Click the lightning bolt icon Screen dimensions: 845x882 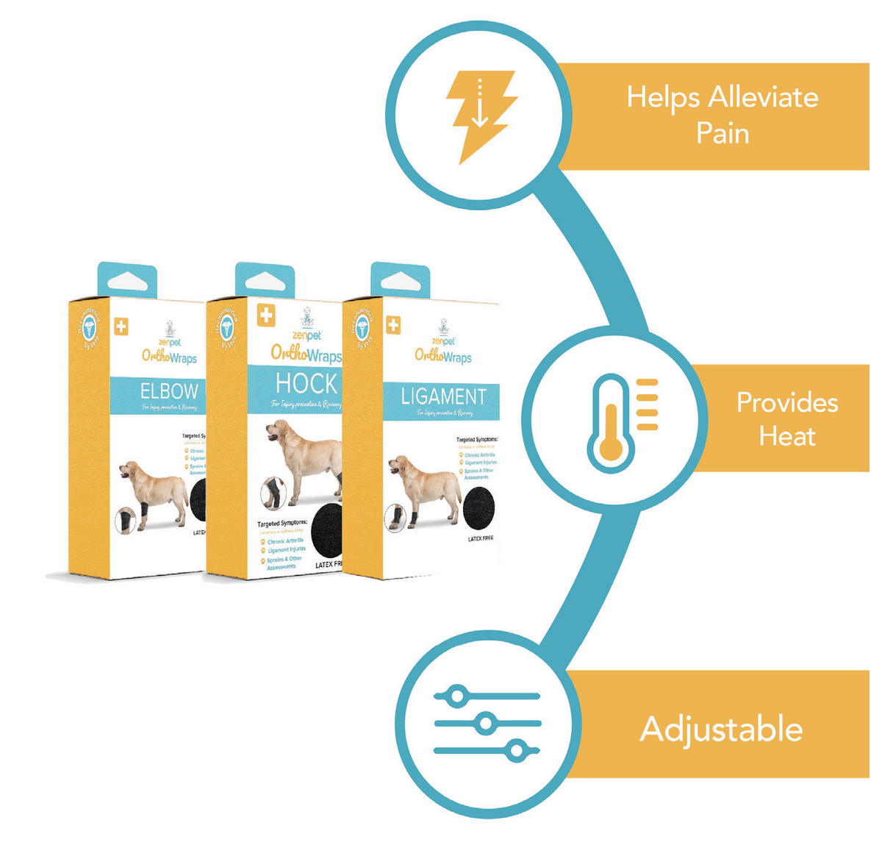(x=479, y=114)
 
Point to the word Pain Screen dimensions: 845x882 (x=723, y=133)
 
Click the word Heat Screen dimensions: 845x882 (x=787, y=436)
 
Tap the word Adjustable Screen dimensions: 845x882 (x=721, y=729)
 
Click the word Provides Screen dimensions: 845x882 (x=787, y=402)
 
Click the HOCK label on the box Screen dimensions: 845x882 (x=306, y=383)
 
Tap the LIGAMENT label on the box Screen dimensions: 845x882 (x=443, y=397)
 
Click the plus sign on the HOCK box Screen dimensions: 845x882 (x=265, y=316)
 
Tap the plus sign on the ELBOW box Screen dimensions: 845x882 (x=121, y=326)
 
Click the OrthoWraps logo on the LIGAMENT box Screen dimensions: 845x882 (x=443, y=356)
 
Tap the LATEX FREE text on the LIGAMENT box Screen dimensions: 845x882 (x=481, y=539)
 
